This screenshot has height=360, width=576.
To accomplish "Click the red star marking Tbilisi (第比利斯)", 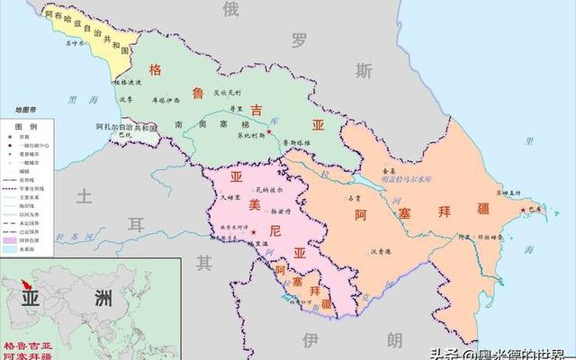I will click(x=268, y=133).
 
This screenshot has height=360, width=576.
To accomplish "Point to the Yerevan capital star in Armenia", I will click(x=254, y=233).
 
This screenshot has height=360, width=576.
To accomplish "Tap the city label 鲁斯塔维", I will click(x=295, y=142).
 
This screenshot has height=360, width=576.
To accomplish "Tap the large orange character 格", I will click(x=156, y=68).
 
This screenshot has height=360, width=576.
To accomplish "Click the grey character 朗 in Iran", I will click(x=395, y=339).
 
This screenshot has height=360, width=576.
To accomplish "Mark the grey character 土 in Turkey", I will click(x=84, y=195).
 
